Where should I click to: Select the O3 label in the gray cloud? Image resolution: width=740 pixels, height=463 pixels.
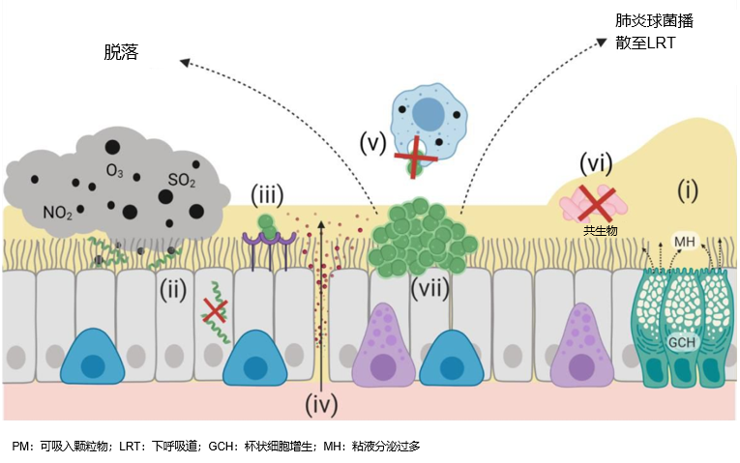coord(114,172)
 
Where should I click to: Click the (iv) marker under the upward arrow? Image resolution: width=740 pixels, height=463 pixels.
coord(321,404)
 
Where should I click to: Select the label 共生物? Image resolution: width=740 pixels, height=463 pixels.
coord(601,231)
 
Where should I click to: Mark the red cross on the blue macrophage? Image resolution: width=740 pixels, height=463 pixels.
coord(414,157)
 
